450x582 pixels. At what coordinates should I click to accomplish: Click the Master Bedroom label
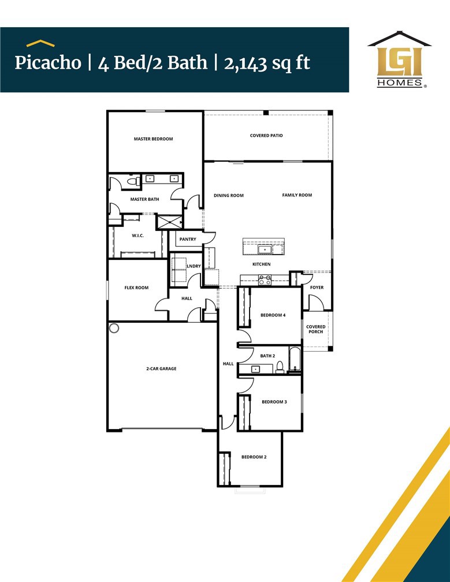point(153,139)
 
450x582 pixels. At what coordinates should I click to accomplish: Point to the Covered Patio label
point(266,136)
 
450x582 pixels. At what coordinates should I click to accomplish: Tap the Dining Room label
point(229,196)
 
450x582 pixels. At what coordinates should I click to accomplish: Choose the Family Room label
point(297,195)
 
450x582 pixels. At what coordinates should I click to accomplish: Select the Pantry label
point(188,239)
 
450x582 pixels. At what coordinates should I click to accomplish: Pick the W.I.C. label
point(137,236)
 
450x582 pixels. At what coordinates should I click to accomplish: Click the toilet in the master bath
point(132,182)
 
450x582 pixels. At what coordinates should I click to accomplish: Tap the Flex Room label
point(136,288)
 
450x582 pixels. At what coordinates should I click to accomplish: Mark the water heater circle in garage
point(114,328)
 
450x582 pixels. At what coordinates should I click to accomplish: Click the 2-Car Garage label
point(161,368)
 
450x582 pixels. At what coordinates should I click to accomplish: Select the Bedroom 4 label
point(273,315)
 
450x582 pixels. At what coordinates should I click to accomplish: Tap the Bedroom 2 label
point(254,457)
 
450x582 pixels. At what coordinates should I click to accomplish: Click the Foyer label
point(317,287)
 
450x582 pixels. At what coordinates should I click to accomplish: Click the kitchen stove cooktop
point(265,279)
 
